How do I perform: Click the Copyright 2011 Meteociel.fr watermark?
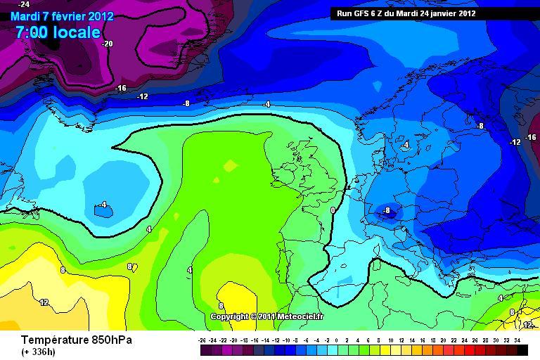click(x=267, y=316)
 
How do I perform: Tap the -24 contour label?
click(x=24, y=4)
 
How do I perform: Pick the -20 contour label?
click(x=107, y=44)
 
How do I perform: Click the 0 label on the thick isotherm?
click(x=333, y=210)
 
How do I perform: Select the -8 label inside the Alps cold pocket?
click(x=386, y=210)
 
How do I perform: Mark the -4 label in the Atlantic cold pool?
click(x=103, y=205)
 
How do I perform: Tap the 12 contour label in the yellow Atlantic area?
click(x=44, y=302)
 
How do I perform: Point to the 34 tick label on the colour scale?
click(x=517, y=340)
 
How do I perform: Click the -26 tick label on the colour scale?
click(x=203, y=340)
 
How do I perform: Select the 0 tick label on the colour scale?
click(x=337, y=340)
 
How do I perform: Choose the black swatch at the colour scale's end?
click(x=522, y=349)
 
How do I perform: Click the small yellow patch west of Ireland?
click(x=230, y=166)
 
